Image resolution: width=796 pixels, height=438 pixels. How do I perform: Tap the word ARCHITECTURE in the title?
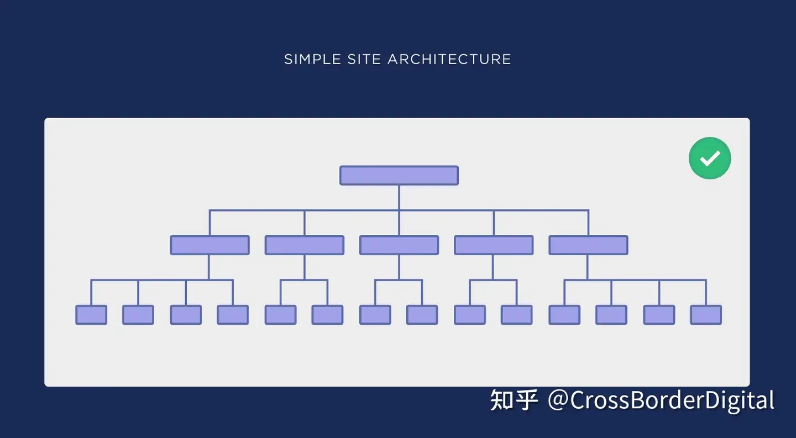[x=449, y=59]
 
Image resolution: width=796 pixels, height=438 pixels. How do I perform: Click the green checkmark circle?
[x=710, y=159]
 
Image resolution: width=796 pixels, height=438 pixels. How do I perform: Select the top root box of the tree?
[x=399, y=175]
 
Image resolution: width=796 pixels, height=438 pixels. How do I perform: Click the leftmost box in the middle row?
[x=210, y=245]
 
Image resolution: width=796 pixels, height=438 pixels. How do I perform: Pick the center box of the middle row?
[x=399, y=245]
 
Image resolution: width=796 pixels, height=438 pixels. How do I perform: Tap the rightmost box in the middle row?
[x=588, y=245]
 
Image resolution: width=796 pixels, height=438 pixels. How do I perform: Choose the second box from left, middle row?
[x=304, y=245]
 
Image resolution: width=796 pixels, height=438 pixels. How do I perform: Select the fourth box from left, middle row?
[x=494, y=245]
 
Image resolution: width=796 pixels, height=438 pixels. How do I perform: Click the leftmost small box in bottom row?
[x=91, y=315]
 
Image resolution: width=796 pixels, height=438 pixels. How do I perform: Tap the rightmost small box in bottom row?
[x=706, y=315]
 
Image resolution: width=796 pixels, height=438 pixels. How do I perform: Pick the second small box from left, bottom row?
[x=138, y=315]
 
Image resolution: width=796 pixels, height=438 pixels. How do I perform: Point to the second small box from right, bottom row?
[x=659, y=315]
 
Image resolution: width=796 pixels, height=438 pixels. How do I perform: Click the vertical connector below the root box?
[x=399, y=197]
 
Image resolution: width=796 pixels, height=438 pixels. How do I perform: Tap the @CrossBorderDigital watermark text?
[x=661, y=400]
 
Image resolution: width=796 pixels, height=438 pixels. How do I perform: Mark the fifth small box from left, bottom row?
[x=280, y=315]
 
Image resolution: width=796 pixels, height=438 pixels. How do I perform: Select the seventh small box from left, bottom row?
[x=375, y=315]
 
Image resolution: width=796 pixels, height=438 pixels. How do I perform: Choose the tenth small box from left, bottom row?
[x=517, y=315]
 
